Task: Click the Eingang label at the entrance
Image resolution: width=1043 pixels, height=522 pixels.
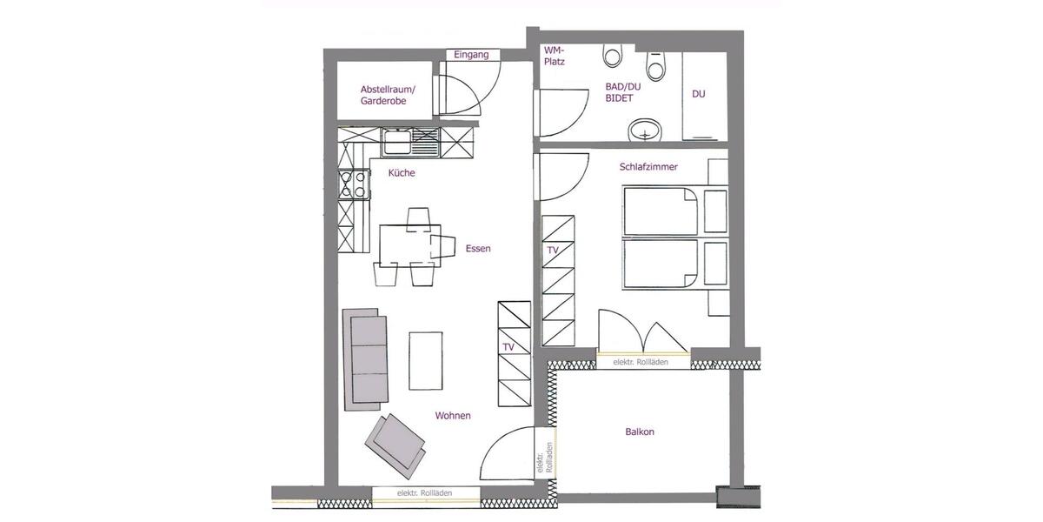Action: click(472, 55)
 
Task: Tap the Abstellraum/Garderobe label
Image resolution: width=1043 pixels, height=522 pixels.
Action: click(388, 96)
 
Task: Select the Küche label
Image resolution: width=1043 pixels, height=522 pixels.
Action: click(402, 173)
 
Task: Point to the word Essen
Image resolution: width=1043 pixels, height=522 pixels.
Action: click(478, 249)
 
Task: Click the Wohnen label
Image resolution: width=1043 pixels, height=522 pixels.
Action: click(453, 416)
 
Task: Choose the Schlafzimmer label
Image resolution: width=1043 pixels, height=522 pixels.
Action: click(648, 166)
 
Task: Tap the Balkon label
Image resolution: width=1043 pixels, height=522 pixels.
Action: click(640, 432)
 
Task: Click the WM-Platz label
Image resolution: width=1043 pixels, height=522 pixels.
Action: click(554, 56)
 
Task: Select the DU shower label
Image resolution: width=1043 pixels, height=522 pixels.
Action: click(699, 94)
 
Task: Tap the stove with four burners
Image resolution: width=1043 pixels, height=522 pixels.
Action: click(354, 184)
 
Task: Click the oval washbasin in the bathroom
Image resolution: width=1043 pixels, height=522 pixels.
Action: click(644, 131)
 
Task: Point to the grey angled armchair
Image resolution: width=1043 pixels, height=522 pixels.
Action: click(395, 440)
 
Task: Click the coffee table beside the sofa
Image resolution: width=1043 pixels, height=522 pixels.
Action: click(426, 360)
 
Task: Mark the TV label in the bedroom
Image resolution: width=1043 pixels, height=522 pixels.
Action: click(553, 251)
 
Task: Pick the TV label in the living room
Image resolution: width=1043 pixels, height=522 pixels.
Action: click(508, 347)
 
